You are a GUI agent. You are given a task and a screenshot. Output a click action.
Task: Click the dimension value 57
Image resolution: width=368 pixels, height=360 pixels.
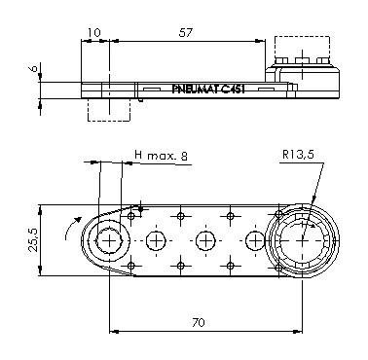(x=186, y=32)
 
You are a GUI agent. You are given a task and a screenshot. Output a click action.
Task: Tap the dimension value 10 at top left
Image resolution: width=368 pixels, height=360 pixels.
(x=94, y=32)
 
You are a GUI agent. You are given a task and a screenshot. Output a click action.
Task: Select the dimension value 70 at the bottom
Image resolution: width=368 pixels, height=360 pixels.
(x=199, y=322)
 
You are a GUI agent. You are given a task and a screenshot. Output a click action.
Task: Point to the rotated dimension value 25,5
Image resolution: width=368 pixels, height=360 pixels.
(x=33, y=240)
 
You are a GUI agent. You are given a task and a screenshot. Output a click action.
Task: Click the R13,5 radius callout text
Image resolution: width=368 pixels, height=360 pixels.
(x=298, y=154)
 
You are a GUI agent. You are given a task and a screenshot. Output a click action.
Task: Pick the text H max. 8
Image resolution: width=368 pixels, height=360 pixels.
(x=161, y=156)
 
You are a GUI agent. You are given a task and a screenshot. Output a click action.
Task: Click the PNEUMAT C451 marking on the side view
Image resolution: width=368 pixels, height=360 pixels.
(x=208, y=90)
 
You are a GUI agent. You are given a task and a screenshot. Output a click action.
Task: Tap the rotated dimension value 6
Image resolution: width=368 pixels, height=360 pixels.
(x=33, y=68)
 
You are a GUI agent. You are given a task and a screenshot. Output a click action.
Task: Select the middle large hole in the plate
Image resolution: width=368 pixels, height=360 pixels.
(x=205, y=241)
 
